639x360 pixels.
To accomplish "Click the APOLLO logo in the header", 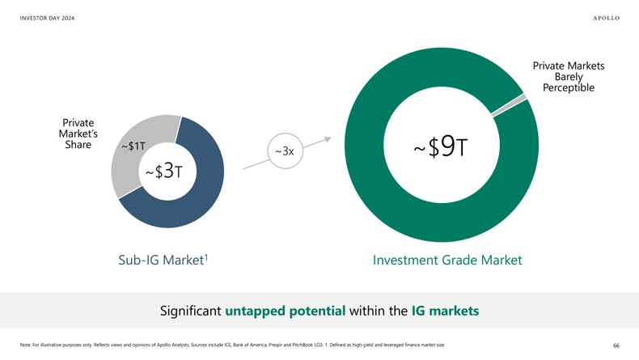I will tap(606, 19).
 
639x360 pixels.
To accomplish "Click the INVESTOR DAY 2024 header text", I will tap(47, 19).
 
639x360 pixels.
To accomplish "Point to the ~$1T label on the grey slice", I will tap(133, 146).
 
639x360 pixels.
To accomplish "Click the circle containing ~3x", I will tap(284, 151).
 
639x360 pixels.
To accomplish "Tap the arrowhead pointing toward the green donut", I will tap(328, 138).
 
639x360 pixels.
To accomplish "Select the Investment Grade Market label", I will tap(447, 260).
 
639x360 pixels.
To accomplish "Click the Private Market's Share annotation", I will tap(78, 134).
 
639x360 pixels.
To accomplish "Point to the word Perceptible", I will tap(569, 87).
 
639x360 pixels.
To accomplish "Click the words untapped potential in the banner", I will tap(286, 311).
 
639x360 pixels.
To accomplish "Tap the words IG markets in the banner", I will tap(445, 311).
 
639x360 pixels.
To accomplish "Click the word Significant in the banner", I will tap(191, 311).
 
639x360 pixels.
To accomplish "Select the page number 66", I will tap(616, 345).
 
